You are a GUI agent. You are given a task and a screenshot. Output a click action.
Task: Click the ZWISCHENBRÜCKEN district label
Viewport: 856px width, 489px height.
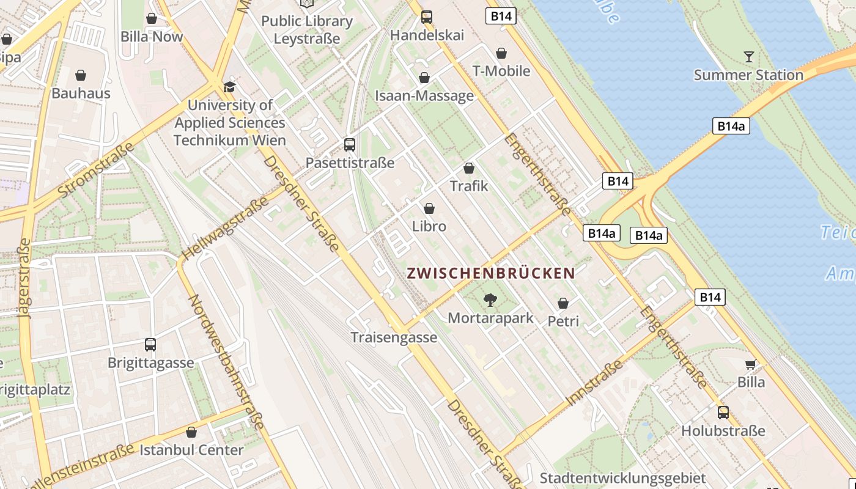pyautogui.click(x=491, y=273)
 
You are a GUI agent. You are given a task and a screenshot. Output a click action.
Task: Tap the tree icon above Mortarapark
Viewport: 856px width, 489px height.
pyautogui.click(x=490, y=300)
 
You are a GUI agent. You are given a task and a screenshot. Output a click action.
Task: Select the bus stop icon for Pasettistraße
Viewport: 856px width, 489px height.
pyautogui.click(x=350, y=145)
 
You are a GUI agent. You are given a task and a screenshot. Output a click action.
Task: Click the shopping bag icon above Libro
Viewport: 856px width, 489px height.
pyautogui.click(x=429, y=208)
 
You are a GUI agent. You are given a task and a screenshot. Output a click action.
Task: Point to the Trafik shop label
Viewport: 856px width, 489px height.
pyautogui.click(x=469, y=186)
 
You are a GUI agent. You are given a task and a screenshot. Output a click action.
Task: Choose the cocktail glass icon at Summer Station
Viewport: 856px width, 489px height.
pyautogui.click(x=749, y=57)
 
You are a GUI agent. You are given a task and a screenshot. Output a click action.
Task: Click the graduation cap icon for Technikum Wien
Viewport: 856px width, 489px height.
pyautogui.click(x=229, y=87)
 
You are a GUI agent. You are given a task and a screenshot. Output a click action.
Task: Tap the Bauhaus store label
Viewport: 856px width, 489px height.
pyautogui.click(x=81, y=94)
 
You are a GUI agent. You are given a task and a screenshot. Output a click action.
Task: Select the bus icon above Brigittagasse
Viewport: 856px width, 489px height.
pyautogui.click(x=150, y=345)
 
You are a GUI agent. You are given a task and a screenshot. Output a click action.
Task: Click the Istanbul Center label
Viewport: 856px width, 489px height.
pyautogui.click(x=191, y=450)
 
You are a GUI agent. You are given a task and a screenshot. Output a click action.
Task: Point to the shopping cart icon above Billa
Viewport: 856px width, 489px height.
pyautogui.click(x=750, y=365)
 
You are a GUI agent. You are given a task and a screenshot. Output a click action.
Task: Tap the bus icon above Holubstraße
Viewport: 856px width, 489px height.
pyautogui.click(x=723, y=413)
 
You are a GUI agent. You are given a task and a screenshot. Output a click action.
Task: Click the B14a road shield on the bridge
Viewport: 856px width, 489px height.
pyautogui.click(x=731, y=127)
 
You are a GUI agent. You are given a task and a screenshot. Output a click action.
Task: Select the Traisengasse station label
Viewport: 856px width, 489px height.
pyautogui.click(x=394, y=337)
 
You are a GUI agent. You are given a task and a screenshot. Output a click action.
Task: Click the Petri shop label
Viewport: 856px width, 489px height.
pyautogui.click(x=563, y=321)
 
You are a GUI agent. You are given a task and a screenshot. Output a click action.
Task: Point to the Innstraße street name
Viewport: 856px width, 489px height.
pyautogui.click(x=595, y=383)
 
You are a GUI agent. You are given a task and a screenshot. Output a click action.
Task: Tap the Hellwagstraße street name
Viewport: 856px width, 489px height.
pyautogui.click(x=225, y=228)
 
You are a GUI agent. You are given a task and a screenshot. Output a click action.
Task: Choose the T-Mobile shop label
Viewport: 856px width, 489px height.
pyautogui.click(x=501, y=71)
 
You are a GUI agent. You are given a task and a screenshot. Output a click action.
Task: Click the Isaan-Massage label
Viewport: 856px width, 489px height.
pyautogui.click(x=424, y=96)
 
